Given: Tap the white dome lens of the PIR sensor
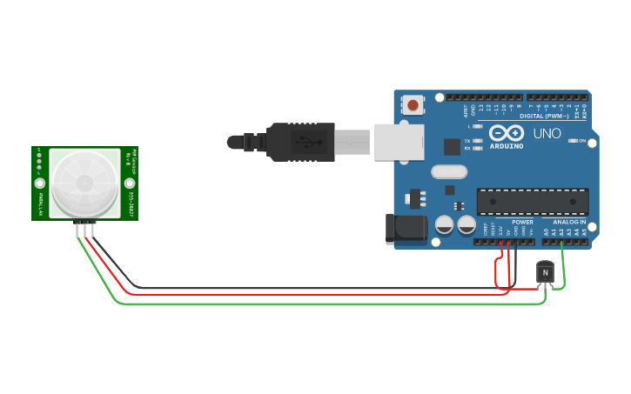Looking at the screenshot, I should click(x=84, y=183).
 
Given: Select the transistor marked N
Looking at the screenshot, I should click(x=545, y=273).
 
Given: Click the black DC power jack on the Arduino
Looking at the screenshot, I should click(x=406, y=229).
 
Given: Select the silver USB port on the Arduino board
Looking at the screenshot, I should click(x=399, y=142).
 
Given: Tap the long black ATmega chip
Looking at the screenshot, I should click(x=533, y=201).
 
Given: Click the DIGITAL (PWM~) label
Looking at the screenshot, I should click(x=543, y=116).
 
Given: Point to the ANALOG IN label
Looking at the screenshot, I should click(x=570, y=222).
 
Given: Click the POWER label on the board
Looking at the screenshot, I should click(x=522, y=222).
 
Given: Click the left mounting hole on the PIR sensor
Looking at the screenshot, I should click(x=39, y=184).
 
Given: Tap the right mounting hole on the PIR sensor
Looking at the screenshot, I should click(x=130, y=183).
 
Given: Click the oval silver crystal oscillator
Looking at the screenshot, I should click(x=449, y=172).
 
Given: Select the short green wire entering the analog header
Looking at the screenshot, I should click(x=563, y=265).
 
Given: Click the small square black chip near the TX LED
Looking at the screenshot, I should click(x=451, y=147).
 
